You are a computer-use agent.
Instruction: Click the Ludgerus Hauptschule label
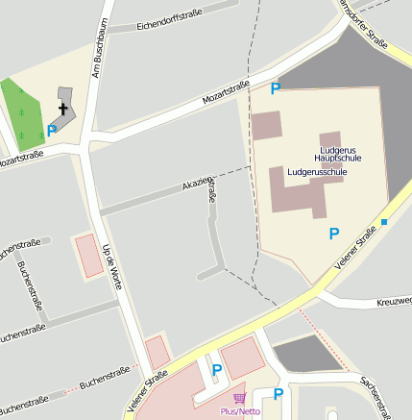click(341, 153)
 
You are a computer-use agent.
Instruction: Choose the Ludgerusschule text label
click(316, 171)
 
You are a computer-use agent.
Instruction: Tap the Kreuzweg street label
click(395, 302)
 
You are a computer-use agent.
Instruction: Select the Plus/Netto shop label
click(241, 410)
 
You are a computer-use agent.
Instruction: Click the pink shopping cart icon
click(239, 397)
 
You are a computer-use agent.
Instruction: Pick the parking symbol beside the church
click(52, 129)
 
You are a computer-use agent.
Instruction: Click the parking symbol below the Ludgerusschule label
click(333, 233)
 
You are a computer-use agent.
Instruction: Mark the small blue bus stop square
click(384, 223)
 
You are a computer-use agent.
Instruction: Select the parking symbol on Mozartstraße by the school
click(276, 88)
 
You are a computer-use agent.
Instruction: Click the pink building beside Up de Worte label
click(88, 255)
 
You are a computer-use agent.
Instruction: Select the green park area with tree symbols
click(24, 113)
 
